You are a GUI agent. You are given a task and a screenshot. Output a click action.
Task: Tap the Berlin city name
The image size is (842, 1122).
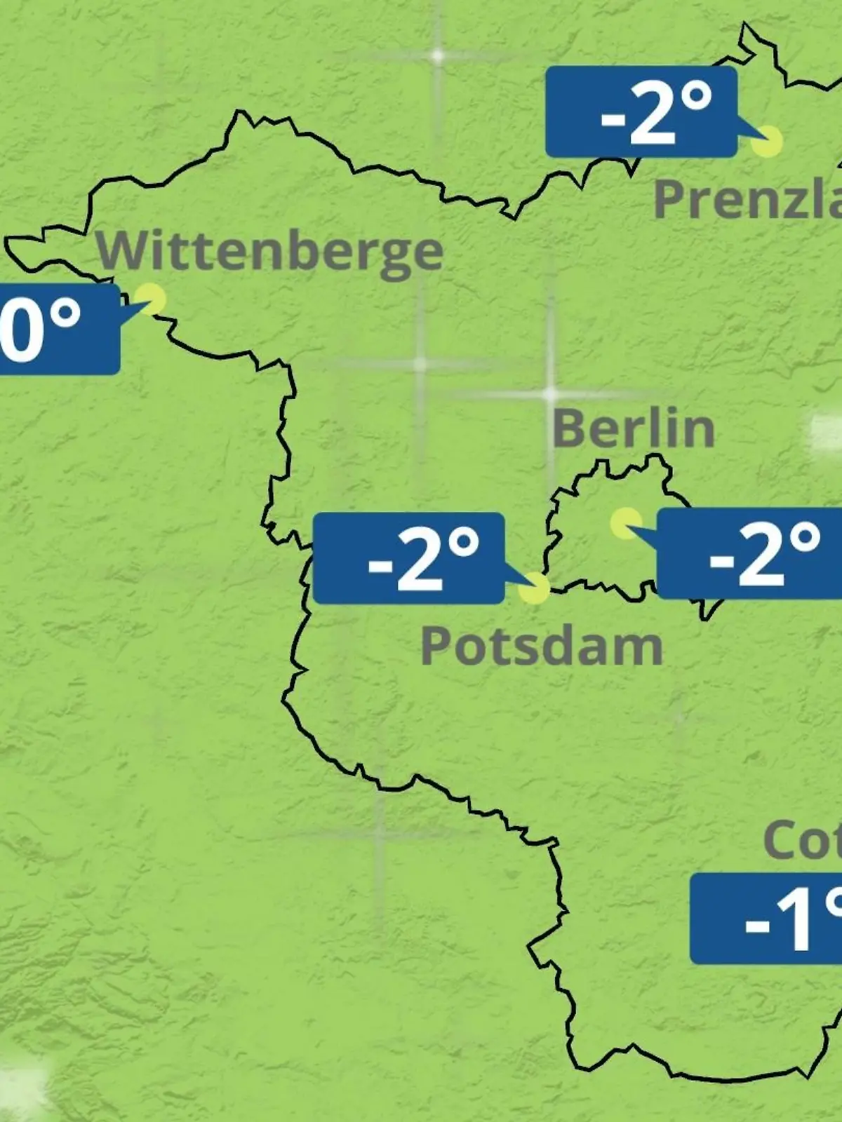click(634, 428)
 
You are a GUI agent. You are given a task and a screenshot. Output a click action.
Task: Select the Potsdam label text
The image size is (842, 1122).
click(541, 647)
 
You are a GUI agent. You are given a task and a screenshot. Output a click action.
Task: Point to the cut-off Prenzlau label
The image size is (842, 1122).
click(747, 199)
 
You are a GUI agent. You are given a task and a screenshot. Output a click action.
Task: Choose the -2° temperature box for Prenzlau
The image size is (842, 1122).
click(641, 111)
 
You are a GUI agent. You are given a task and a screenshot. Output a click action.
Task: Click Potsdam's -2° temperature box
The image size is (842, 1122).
click(408, 558)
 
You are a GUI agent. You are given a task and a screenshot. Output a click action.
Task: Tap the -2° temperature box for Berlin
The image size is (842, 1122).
click(749, 553)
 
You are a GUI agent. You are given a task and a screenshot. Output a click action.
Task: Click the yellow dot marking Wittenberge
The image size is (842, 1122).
click(150, 299)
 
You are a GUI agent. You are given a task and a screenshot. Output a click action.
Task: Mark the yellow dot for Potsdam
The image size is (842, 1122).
click(534, 588)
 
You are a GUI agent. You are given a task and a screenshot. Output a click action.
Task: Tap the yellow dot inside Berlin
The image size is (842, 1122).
click(625, 523)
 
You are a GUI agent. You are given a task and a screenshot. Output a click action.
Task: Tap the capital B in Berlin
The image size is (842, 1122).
click(570, 428)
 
